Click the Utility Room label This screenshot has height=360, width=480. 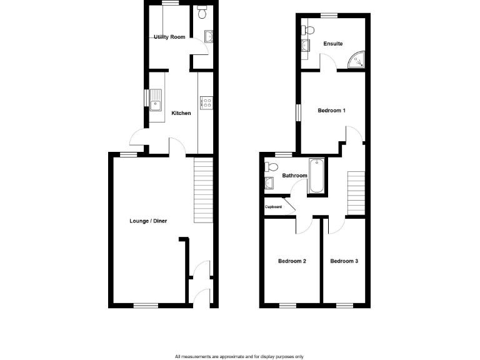(169, 37)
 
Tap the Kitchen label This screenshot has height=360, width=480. (181, 113)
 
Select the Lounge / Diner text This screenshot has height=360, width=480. (148, 221)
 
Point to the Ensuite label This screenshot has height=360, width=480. (332, 44)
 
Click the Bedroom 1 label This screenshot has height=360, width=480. (331, 111)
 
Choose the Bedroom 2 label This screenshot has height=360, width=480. (292, 261)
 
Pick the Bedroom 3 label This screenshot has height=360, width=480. (344, 261)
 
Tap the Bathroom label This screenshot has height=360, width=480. (294, 176)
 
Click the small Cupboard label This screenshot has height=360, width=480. (274, 207)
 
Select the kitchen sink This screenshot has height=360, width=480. (156, 100)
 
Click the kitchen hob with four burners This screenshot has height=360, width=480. (205, 102)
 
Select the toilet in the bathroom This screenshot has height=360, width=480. (270, 167)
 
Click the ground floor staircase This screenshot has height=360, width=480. (204, 191)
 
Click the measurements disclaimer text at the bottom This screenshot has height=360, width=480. (239, 356)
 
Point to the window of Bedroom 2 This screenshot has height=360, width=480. (287, 305)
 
